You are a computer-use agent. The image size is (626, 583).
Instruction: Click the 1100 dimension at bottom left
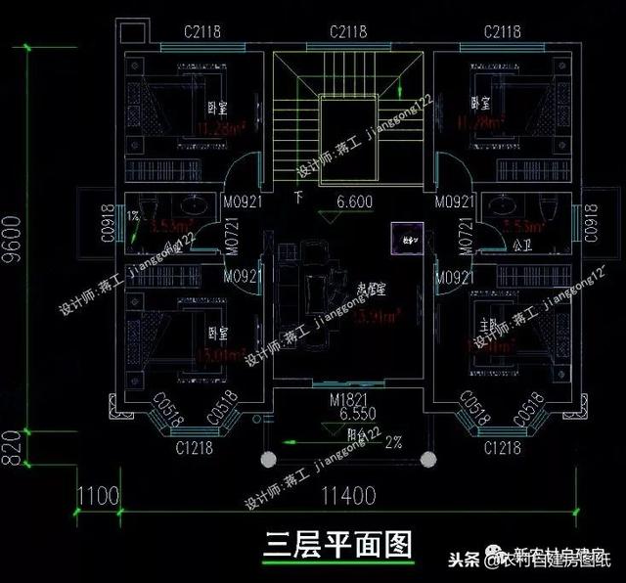click(98, 496)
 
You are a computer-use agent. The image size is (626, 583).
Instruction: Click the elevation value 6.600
click(355, 203)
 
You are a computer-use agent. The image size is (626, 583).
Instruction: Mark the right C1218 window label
click(504, 449)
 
